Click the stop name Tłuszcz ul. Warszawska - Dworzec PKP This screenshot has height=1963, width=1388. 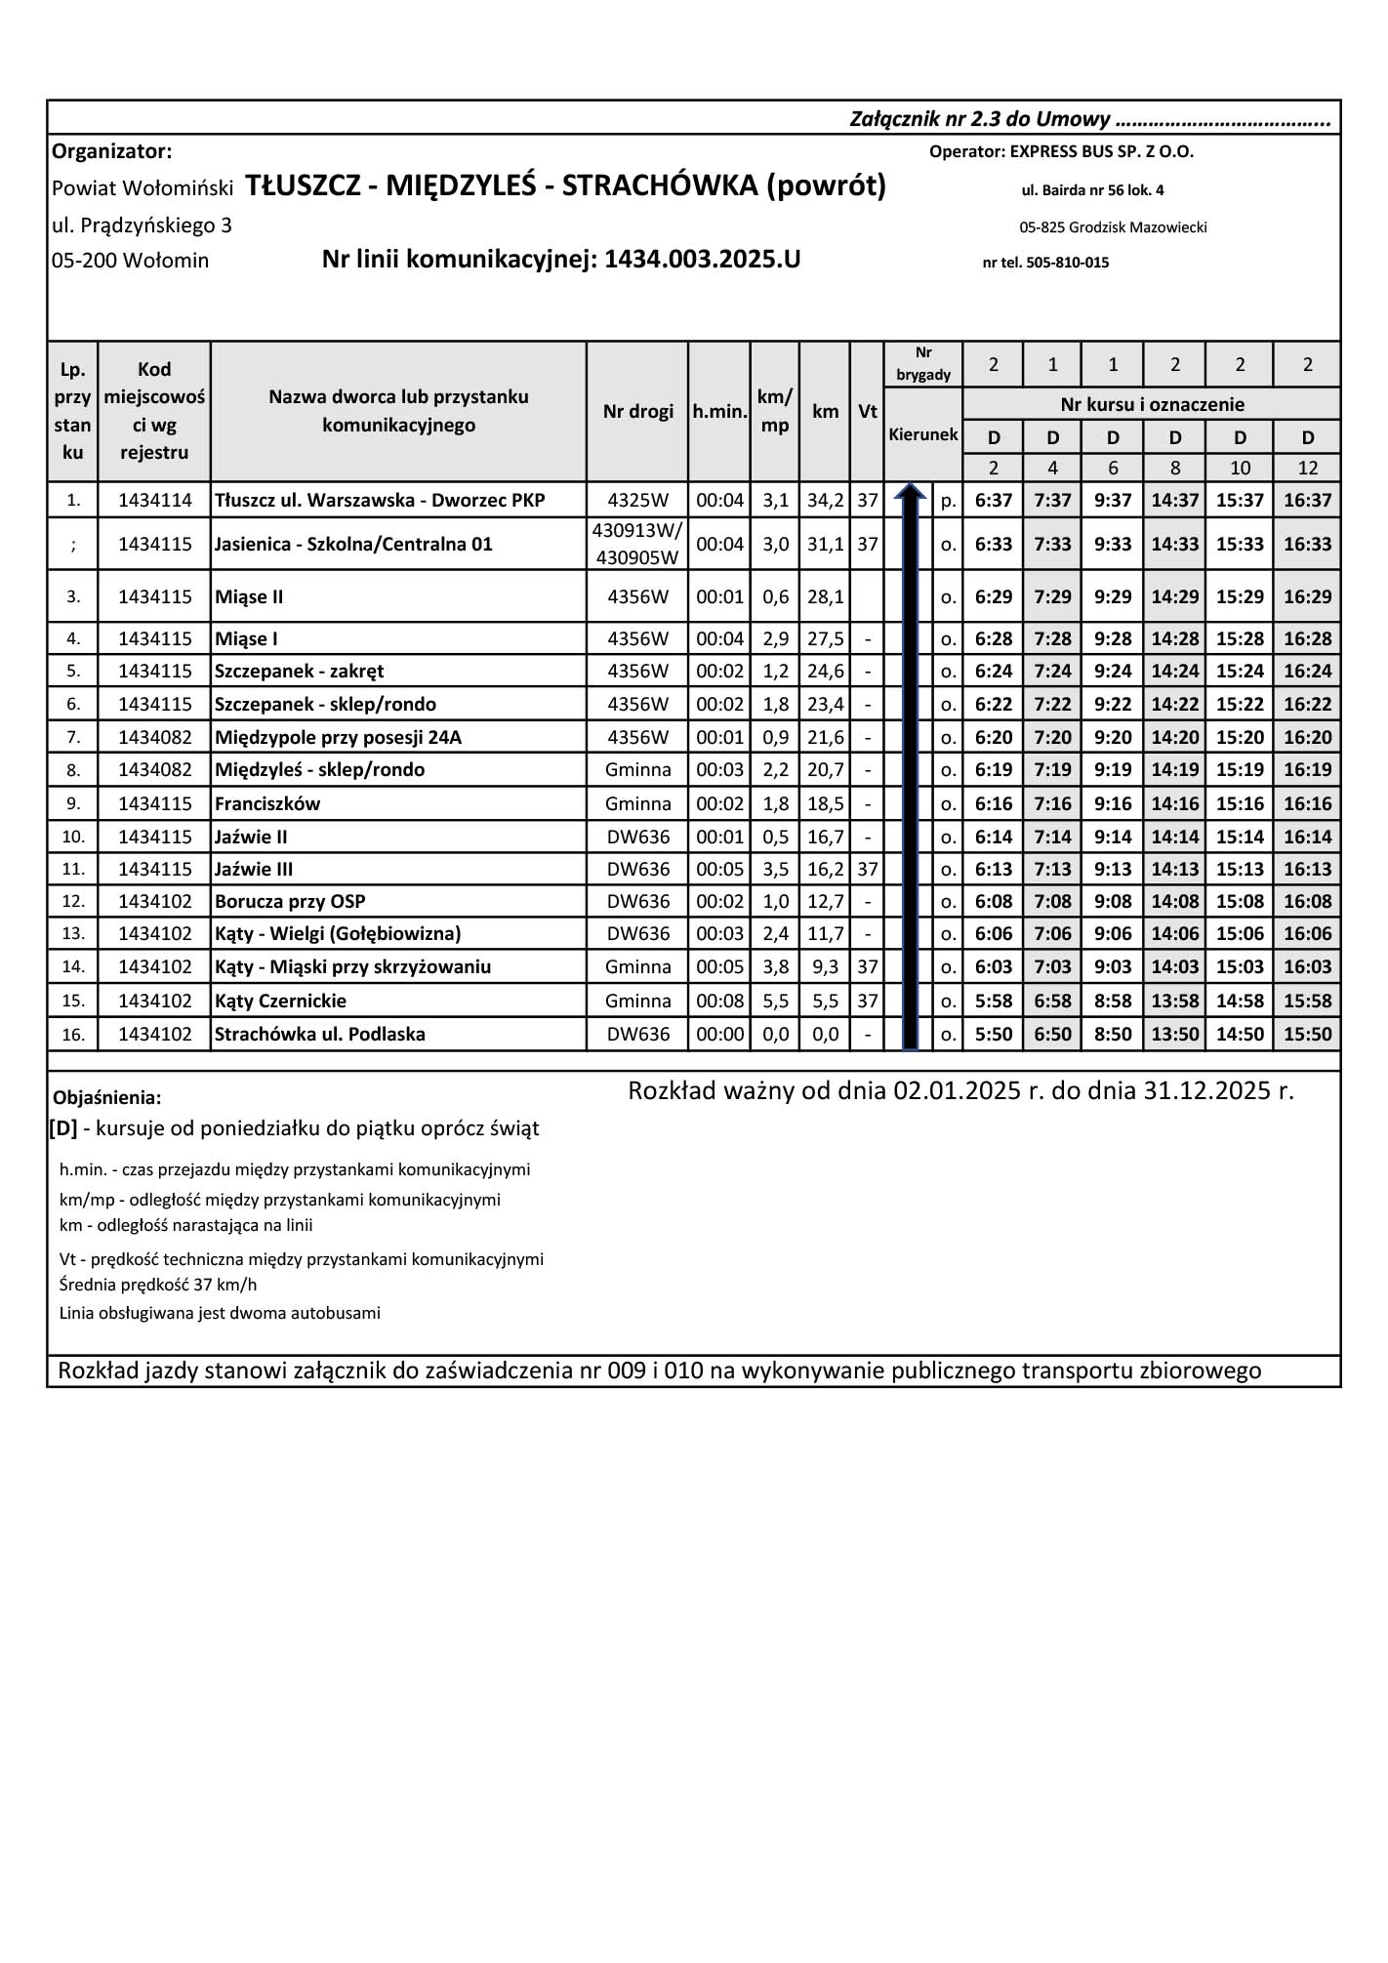click(x=380, y=501)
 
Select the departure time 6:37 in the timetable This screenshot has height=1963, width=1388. click(x=993, y=501)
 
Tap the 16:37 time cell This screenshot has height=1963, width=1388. click(x=1307, y=501)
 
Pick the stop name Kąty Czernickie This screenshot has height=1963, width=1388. click(x=281, y=1001)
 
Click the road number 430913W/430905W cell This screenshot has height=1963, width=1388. click(x=637, y=544)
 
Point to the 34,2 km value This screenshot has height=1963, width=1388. click(x=825, y=501)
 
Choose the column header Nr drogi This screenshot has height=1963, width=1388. click(x=637, y=411)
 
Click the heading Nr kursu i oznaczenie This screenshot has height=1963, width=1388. click(x=1152, y=404)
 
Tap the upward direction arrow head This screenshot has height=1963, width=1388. click(x=910, y=491)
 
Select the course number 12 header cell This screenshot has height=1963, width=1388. click(x=1307, y=468)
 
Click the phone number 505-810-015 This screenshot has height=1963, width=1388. click(x=1067, y=263)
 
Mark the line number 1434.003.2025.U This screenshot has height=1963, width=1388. click(x=702, y=260)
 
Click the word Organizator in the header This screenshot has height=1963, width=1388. click(x=111, y=151)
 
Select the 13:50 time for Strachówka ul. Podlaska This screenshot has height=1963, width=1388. click(x=1174, y=1034)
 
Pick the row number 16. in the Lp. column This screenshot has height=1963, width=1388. click(x=73, y=1034)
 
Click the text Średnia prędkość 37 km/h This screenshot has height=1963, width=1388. click(x=158, y=1285)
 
